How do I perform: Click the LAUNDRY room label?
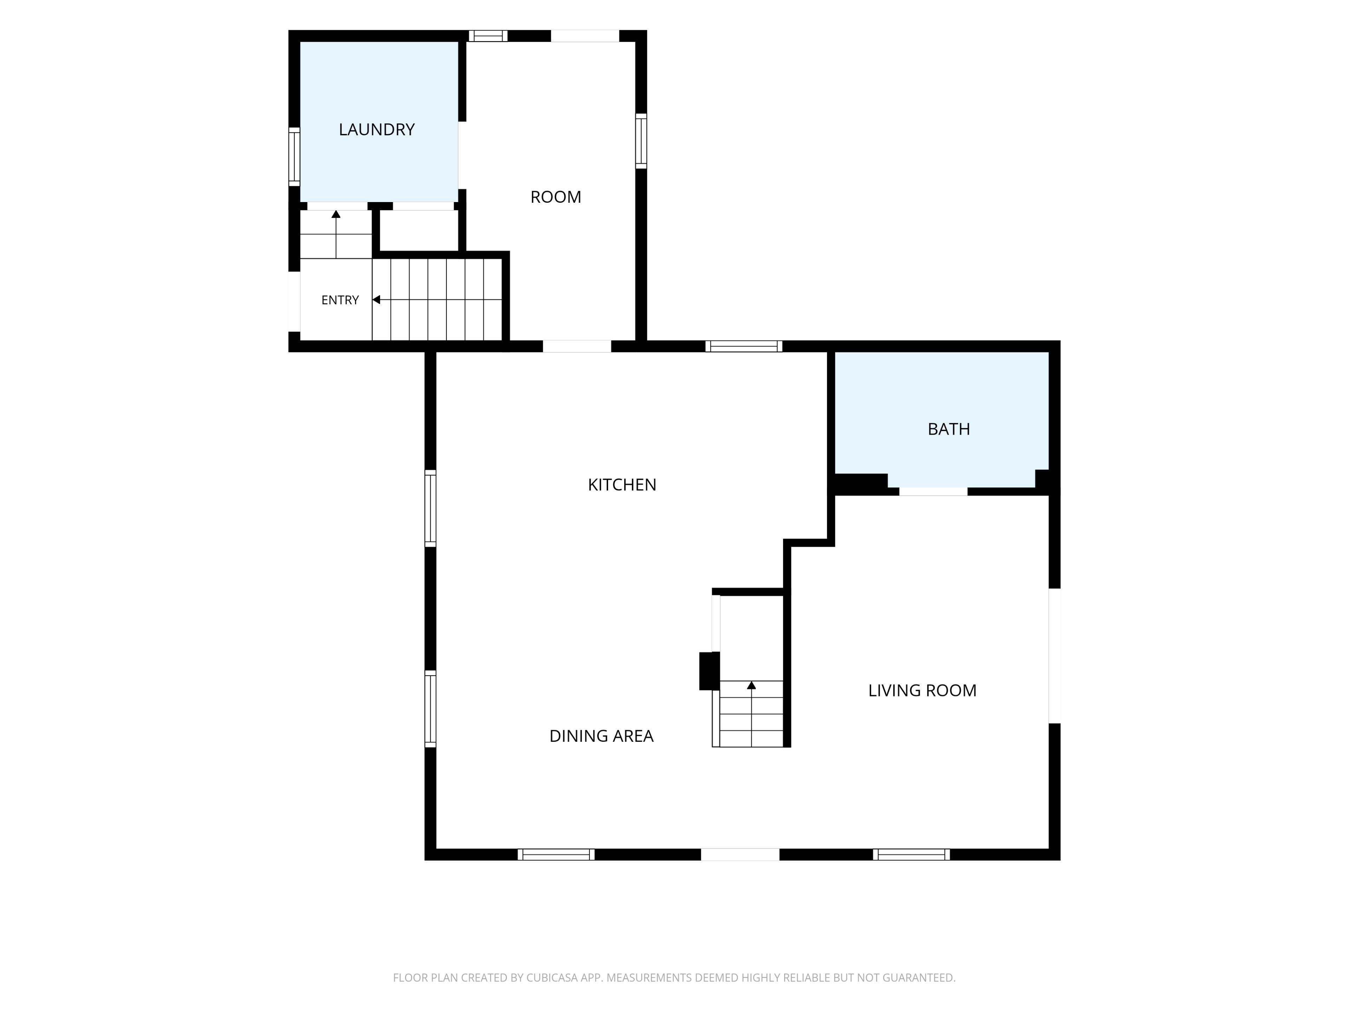pos(376,129)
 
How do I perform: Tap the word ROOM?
pos(555,197)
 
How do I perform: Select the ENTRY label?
pos(340,300)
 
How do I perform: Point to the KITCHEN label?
pos(622,485)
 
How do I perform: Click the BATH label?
pos(948,429)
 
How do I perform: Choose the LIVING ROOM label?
pos(922,690)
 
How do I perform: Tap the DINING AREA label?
pos(601,736)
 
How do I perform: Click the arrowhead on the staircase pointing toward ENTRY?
pos(376,299)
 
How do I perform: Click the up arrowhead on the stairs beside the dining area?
pos(751,686)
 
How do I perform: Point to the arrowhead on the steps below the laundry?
pos(336,214)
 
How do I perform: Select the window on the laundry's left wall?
pos(294,157)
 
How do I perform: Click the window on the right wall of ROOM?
pos(641,141)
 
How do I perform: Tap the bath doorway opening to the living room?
pos(933,491)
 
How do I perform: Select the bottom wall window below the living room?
pos(911,855)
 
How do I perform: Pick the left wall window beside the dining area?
pos(431,709)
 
